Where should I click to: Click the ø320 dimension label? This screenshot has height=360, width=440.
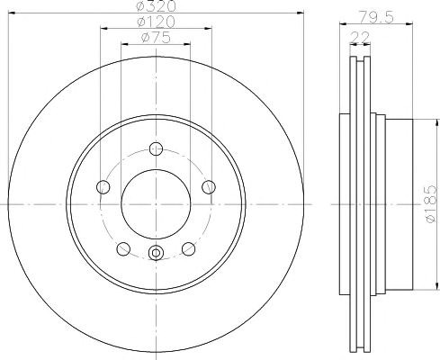[x=156, y=6]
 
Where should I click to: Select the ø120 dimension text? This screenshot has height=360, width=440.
[x=156, y=22]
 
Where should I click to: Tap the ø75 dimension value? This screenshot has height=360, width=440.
[x=156, y=38]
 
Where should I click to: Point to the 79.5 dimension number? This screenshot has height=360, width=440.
[x=376, y=17]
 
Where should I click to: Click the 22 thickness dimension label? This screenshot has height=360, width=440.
[x=360, y=38]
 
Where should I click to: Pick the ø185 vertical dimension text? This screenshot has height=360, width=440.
[x=431, y=204]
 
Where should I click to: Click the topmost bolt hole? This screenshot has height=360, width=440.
[x=156, y=148]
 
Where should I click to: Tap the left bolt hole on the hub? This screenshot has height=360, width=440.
[x=103, y=187]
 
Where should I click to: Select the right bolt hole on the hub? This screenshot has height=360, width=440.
[x=209, y=187]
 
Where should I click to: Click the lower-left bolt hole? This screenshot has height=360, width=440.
[x=123, y=249]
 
